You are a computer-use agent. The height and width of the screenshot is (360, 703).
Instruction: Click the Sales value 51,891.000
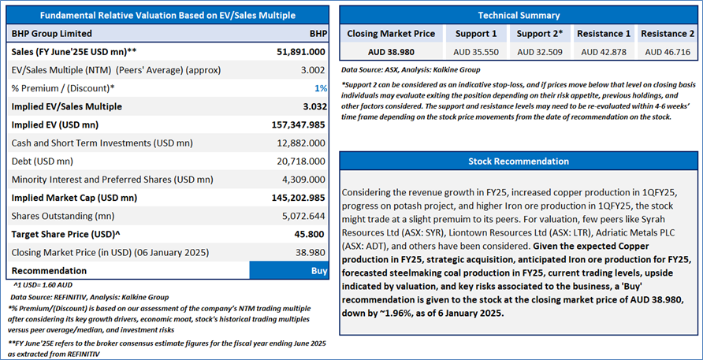(301, 51)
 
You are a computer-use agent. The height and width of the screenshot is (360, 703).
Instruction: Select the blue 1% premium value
(321, 88)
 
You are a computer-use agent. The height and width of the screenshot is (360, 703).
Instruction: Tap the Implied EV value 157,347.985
(298, 124)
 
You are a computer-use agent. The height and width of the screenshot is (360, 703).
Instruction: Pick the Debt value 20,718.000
(303, 161)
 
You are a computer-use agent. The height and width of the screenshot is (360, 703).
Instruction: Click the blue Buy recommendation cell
(288, 271)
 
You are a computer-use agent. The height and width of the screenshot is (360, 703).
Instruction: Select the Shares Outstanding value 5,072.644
(305, 216)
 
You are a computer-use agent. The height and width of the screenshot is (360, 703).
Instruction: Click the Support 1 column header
(475, 34)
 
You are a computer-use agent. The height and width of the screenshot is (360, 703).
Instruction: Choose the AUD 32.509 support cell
(539, 52)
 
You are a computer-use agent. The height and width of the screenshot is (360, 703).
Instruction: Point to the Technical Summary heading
(519, 15)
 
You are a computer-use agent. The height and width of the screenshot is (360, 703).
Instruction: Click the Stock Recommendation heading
(519, 161)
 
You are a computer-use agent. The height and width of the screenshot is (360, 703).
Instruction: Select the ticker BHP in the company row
(318, 34)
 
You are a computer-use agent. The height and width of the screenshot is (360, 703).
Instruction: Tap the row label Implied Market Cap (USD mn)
(74, 198)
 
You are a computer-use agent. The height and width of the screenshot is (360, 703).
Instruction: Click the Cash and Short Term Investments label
(102, 143)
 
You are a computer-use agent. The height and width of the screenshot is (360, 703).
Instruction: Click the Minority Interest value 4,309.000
(305, 180)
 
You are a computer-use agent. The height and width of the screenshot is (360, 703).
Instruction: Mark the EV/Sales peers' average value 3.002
(314, 70)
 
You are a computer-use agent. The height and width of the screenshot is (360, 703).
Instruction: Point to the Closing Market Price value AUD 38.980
(391, 52)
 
